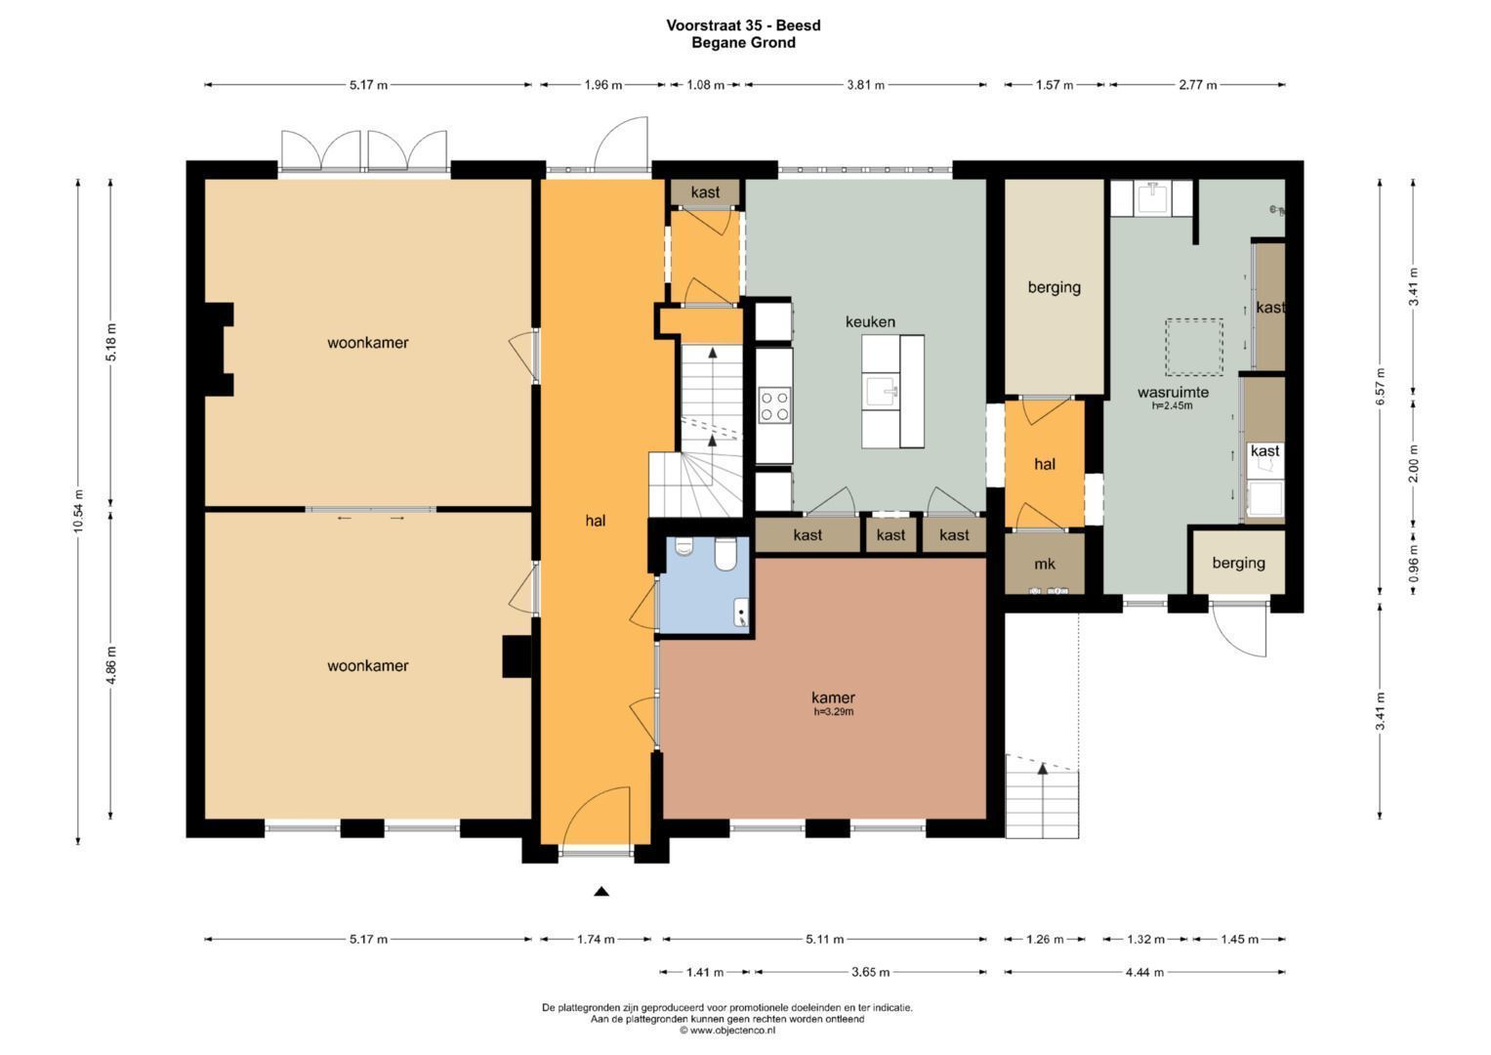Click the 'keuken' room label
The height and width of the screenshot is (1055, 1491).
(x=869, y=321)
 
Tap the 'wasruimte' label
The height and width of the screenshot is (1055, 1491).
(x=1172, y=392)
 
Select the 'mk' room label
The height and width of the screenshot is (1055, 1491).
(x=1044, y=564)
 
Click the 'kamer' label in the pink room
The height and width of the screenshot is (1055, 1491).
(x=833, y=697)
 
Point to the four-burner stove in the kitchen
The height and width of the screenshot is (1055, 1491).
(x=775, y=405)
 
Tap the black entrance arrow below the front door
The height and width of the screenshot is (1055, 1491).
(x=601, y=891)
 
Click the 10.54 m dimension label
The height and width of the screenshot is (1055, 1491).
(x=78, y=511)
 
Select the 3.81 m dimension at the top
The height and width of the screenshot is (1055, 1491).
(x=865, y=85)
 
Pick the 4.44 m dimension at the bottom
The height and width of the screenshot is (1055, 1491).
(x=1144, y=972)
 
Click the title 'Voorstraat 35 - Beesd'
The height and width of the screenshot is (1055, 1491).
(x=743, y=25)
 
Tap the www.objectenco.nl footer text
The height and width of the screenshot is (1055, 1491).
(x=727, y=1030)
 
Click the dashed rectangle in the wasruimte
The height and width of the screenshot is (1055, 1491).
(x=1193, y=347)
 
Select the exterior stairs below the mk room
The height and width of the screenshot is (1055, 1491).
(x=1042, y=801)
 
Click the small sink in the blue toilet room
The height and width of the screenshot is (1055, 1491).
(x=741, y=613)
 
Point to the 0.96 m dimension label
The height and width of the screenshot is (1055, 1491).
(x=1413, y=563)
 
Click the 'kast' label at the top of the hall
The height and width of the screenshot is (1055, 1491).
(x=705, y=192)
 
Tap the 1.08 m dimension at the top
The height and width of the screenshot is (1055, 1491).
(x=705, y=85)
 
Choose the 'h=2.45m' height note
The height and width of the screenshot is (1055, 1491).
(x=1172, y=405)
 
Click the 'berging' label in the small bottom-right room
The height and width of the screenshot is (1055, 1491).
(x=1238, y=563)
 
